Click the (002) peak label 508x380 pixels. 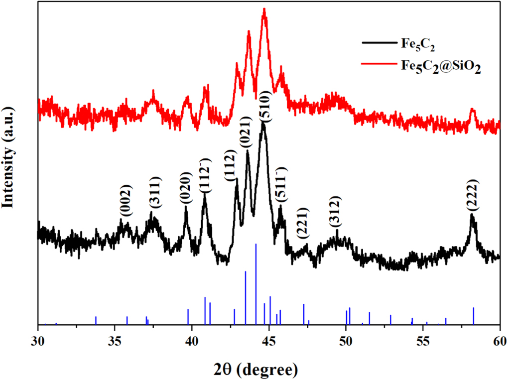pos(127,201)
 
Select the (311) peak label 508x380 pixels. pos(155,192)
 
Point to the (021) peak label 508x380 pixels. pos(245,132)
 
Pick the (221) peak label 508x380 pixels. pos(303,223)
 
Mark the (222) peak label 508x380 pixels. pos(472,195)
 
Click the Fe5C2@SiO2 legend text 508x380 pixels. pos(441,66)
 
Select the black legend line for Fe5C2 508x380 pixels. pos(379,43)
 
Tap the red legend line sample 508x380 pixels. pos(379,63)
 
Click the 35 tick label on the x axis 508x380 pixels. pos(115,341)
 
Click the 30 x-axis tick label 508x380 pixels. pos(38,341)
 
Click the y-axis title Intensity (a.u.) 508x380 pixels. pos(8,157)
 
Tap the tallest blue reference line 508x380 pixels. pos(256,284)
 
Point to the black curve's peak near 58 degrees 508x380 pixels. pos(472,215)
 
